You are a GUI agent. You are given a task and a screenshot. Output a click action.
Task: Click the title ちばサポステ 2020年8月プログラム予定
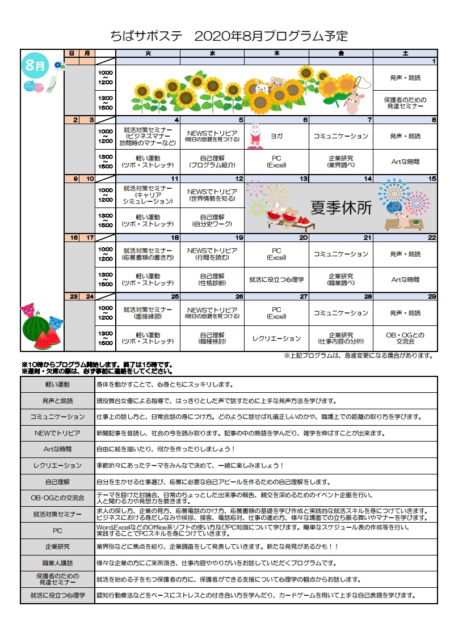(229, 37)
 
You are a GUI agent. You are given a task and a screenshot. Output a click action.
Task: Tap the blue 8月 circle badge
(35, 65)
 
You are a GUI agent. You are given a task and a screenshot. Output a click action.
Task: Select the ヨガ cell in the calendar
(276, 137)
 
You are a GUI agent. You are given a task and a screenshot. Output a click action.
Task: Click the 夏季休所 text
(341, 208)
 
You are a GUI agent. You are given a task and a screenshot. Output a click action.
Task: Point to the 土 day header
(405, 53)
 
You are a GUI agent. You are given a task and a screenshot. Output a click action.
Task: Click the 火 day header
(148, 53)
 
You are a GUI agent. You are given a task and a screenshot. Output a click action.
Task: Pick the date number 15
(432, 179)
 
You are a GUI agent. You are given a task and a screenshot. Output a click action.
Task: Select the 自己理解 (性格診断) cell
(212, 279)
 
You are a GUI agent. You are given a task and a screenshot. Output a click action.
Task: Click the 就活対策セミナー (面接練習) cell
(148, 313)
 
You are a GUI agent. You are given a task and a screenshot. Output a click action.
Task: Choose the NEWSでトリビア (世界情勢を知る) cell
(212, 196)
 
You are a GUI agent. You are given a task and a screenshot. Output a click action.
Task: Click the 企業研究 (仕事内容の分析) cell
(341, 338)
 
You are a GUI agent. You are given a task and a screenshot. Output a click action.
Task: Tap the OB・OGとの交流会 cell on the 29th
(405, 338)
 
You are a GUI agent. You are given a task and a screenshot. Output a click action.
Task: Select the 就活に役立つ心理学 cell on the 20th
(276, 279)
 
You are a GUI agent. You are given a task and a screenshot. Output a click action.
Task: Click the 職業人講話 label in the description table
(57, 563)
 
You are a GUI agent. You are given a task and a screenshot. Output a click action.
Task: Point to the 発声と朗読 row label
(57, 401)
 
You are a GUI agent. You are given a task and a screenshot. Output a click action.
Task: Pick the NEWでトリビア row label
(57, 433)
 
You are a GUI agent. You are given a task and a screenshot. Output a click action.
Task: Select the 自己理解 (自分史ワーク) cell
(212, 220)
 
